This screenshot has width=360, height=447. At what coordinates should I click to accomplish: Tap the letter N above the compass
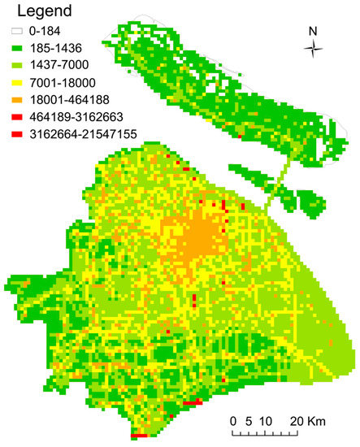(313, 31)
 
